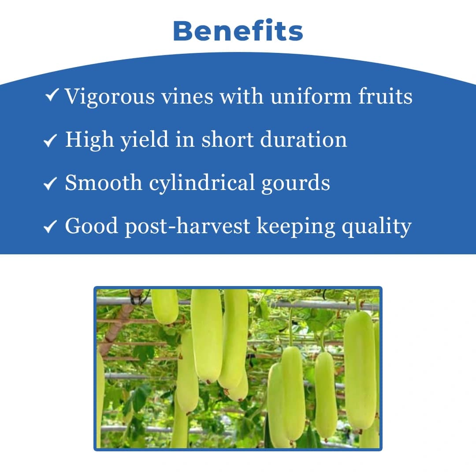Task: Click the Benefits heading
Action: click(238, 31)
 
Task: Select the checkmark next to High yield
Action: click(50, 141)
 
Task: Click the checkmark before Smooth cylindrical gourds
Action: click(50, 184)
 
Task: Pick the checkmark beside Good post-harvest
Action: click(50, 227)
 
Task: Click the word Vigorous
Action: click(110, 97)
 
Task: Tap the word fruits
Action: click(385, 96)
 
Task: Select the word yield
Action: click(144, 140)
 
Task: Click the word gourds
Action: click(295, 183)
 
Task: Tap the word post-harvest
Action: click(187, 227)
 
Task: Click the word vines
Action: click(186, 96)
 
